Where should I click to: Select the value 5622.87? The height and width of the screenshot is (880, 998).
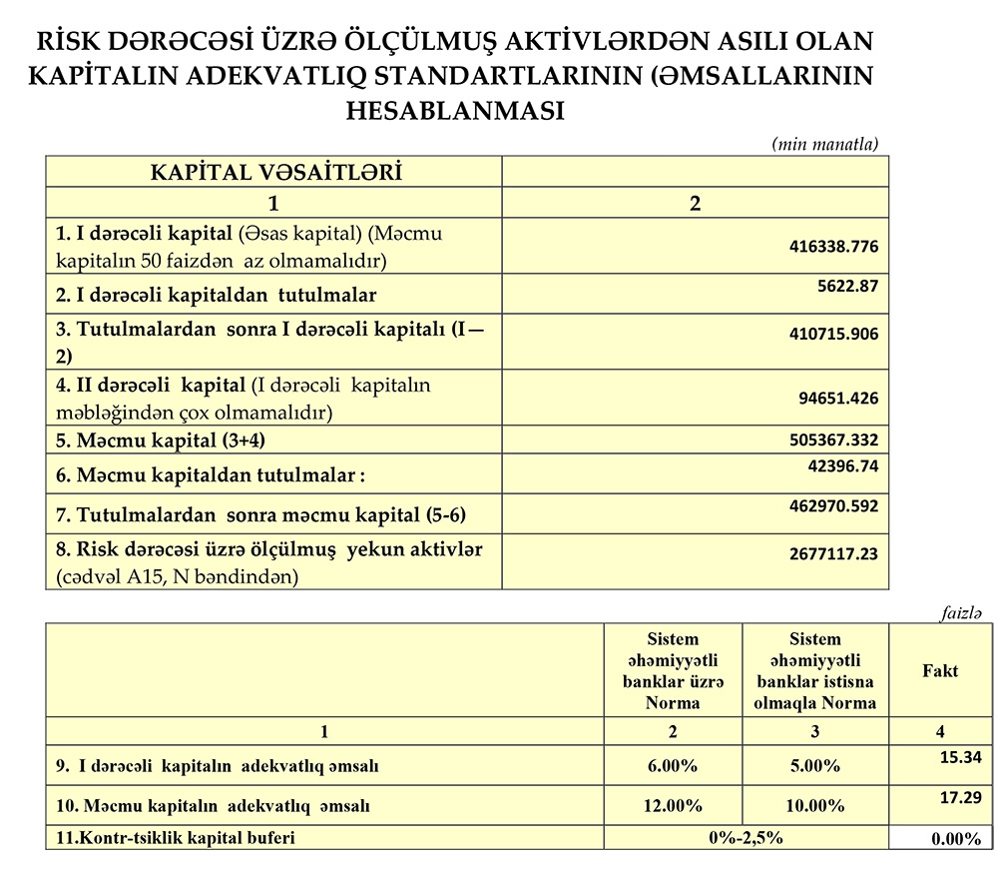point(847,286)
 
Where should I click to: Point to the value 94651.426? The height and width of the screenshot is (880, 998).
point(838,398)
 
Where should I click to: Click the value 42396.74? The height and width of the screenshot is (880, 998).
point(843,465)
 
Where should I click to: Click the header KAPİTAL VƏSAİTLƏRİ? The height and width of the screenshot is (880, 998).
point(275,171)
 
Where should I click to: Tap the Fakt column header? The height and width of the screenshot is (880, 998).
point(939,670)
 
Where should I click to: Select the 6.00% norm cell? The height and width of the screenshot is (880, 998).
point(673,766)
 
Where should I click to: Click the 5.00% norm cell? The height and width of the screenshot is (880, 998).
point(815,766)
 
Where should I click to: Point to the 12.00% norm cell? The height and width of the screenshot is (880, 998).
point(673,805)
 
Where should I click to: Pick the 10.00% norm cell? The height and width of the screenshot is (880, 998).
point(815,805)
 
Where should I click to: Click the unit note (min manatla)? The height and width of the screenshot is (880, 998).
point(824,144)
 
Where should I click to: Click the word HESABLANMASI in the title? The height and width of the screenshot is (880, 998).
point(454,109)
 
